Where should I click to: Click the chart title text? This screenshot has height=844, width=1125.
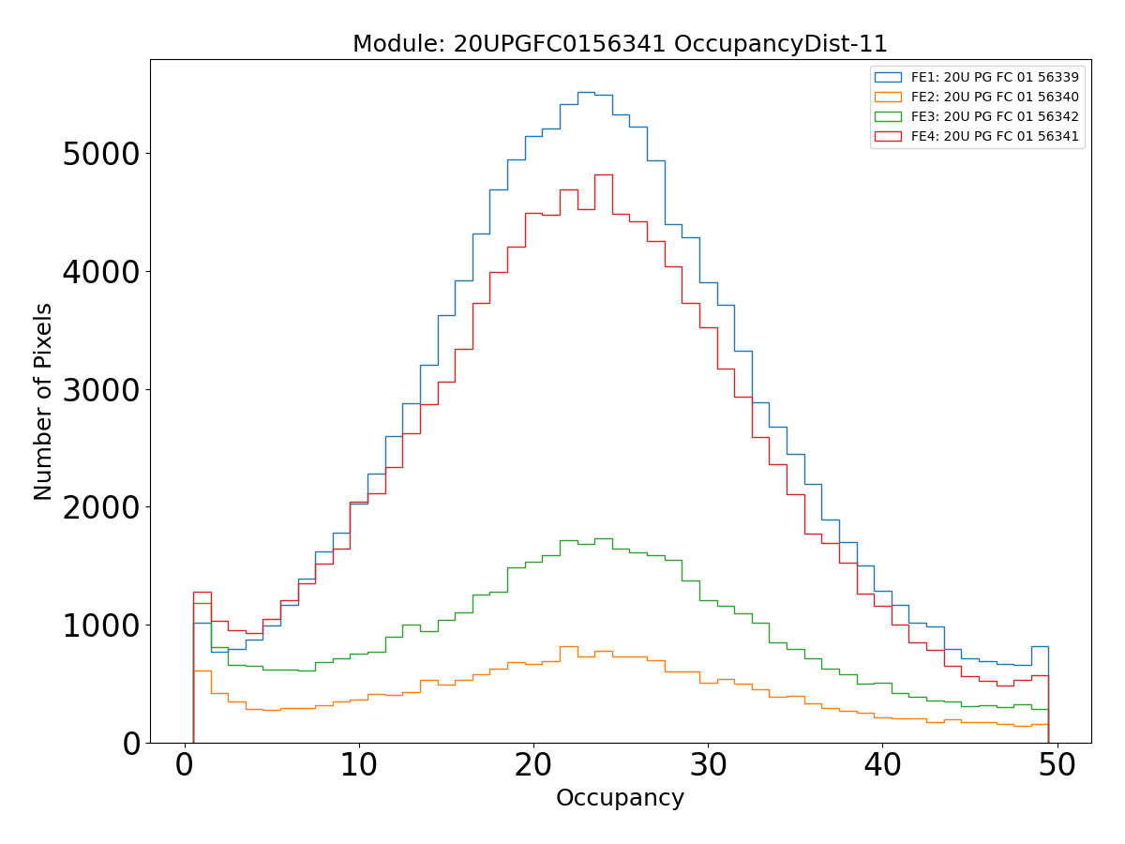pyautogui.click(x=620, y=44)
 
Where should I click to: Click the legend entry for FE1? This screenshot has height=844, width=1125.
pyautogui.click(x=994, y=77)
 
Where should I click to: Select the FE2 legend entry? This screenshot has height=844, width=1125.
pyautogui.click(x=994, y=97)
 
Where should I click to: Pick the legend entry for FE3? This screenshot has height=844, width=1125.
pyautogui.click(x=994, y=116)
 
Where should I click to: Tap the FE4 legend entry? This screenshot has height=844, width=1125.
pyautogui.click(x=994, y=136)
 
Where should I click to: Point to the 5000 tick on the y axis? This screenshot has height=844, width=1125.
pyautogui.click(x=100, y=154)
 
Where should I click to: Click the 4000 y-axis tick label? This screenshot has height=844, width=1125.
pyautogui.click(x=100, y=272)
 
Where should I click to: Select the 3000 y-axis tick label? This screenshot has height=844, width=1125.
pyautogui.click(x=100, y=389)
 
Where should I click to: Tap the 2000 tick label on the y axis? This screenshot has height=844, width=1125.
pyautogui.click(x=100, y=507)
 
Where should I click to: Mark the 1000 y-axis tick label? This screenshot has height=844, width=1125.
pyautogui.click(x=100, y=625)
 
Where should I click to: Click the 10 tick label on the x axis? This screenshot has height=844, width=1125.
pyautogui.click(x=358, y=766)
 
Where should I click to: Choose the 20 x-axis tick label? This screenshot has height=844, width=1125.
pyautogui.click(x=532, y=766)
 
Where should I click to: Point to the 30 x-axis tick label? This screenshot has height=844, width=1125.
pyautogui.click(x=708, y=766)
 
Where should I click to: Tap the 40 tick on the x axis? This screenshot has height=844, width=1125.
pyautogui.click(x=882, y=766)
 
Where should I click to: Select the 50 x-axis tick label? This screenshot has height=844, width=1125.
pyautogui.click(x=1057, y=766)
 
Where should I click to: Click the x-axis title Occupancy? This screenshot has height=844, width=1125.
pyautogui.click(x=620, y=799)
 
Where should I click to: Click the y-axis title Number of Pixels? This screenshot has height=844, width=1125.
pyautogui.click(x=44, y=401)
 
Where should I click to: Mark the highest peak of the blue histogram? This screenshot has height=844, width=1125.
pyautogui.click(x=585, y=92)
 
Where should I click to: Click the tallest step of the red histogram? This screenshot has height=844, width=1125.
pyautogui.click(x=603, y=174)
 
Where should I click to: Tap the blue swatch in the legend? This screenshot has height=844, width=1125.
pyautogui.click(x=888, y=77)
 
